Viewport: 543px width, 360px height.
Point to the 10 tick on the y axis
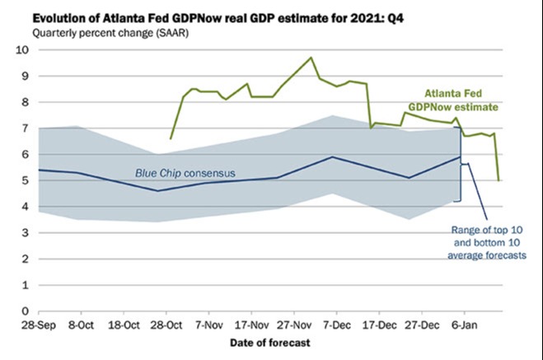pyautogui.click(x=23, y=49)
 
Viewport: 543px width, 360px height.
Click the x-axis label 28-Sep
pyautogui.click(x=40, y=326)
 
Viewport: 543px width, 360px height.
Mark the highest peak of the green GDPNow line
pyautogui.click(x=311, y=58)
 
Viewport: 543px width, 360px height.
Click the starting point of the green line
pyautogui.click(x=171, y=138)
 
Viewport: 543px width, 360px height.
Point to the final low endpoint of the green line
pyautogui.click(x=499, y=180)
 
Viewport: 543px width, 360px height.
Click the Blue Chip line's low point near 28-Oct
pyautogui.click(x=159, y=191)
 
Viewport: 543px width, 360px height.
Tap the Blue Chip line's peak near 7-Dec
pyautogui.click(x=331, y=157)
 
